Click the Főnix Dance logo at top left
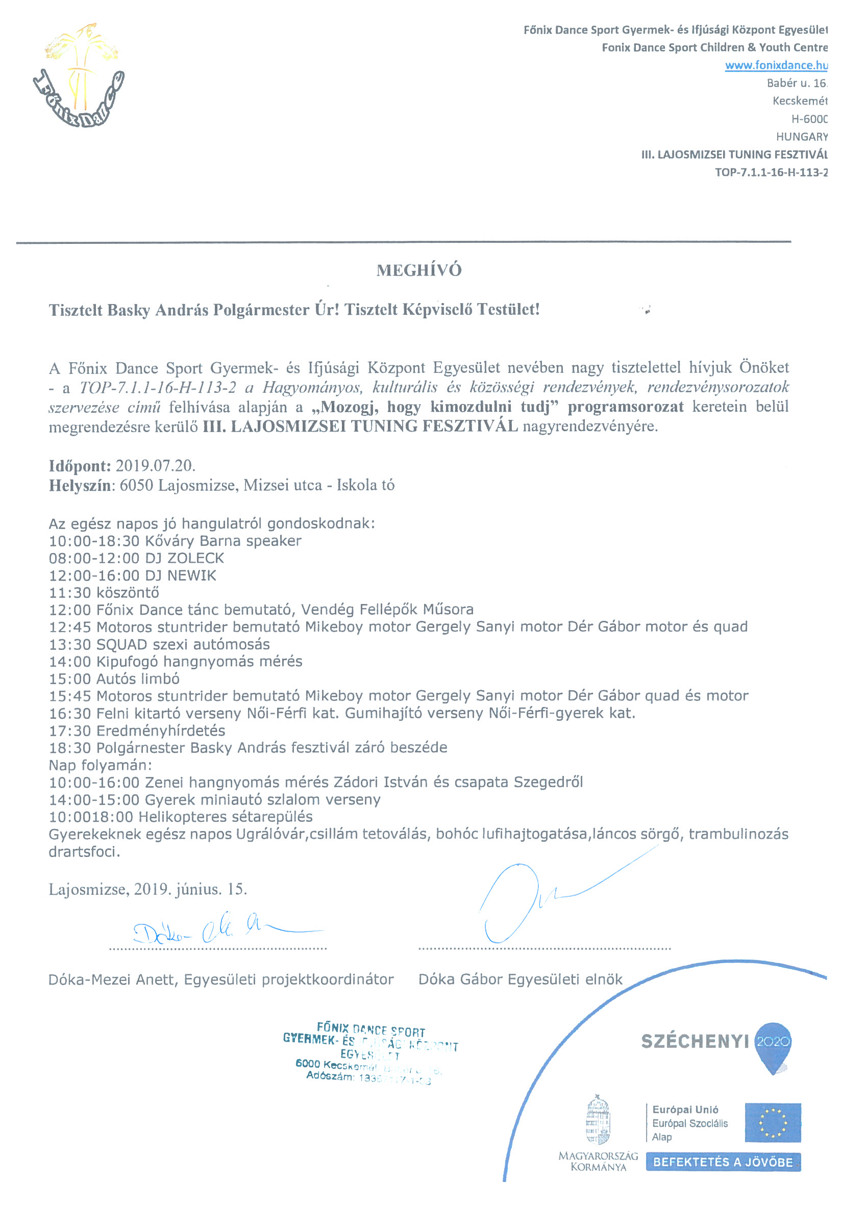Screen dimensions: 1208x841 pos(78,77)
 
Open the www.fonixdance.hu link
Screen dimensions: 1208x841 pos(775,65)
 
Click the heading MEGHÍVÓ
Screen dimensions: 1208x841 pos(419,270)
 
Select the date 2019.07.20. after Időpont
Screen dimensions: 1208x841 pos(155,466)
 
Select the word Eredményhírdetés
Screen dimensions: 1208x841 pos(161,731)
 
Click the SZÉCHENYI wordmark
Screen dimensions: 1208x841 pos(694,1041)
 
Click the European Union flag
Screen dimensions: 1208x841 pos(772,1123)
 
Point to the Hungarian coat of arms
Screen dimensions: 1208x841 pos(598,1120)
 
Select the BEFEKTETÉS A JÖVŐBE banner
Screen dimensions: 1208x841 pos(723,1162)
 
